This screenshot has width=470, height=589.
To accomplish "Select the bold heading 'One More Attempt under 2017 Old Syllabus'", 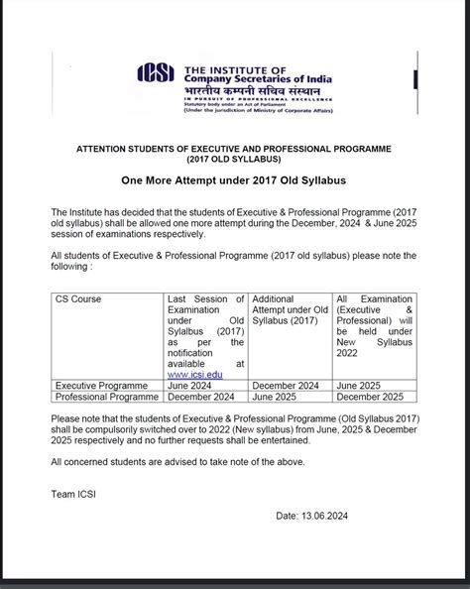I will click(x=234, y=182).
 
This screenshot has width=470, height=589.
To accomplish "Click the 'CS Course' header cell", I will click(x=78, y=298).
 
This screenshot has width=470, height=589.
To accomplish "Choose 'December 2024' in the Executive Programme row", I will click(x=291, y=385).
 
